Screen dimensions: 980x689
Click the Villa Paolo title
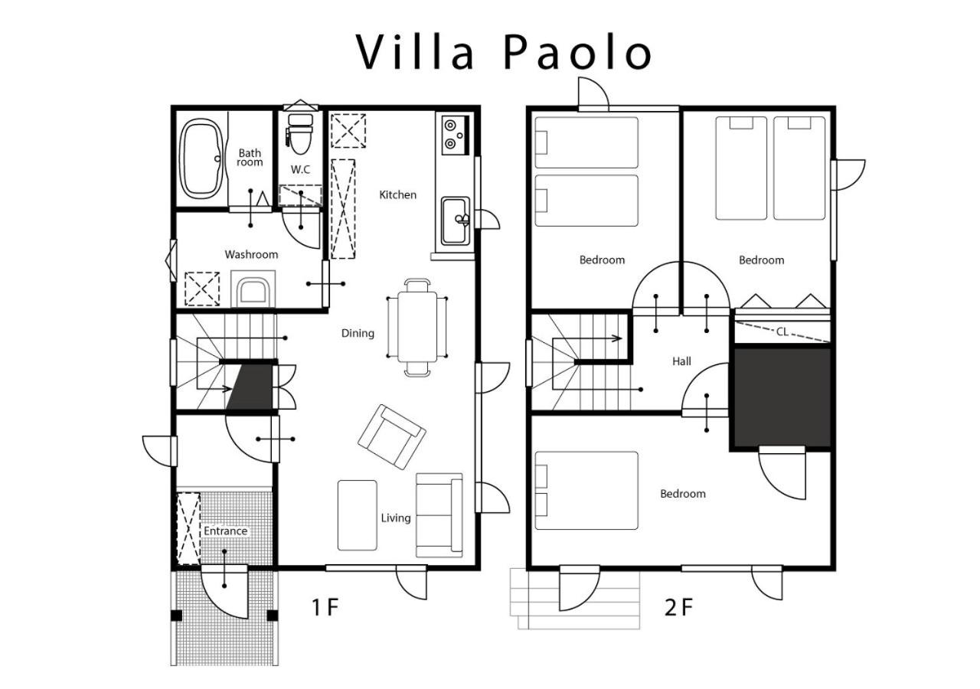pos(503,52)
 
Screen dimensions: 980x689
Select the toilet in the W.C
pos(300,134)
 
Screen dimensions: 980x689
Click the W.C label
pos(300,170)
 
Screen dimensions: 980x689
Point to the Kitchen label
pos(397,194)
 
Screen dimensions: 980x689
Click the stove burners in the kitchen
pos(455,136)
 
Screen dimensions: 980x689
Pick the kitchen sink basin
pos(456,221)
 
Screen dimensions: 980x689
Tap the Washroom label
pos(251,255)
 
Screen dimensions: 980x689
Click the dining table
pos(417,327)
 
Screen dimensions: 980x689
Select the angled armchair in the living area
pos(391,436)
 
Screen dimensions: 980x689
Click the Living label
pos(396,518)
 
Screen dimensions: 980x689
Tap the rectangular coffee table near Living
pos(357,515)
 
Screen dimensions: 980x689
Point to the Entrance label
pos(225,531)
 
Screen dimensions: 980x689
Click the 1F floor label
pos(325,607)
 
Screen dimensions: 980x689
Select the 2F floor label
pos(678,607)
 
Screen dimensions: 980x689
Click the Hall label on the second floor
pos(681,361)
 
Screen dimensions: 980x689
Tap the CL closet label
pos(782,332)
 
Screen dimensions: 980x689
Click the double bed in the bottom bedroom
pos(586,491)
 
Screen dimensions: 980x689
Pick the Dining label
pos(358,333)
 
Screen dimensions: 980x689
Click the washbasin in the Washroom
pos(253,289)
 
